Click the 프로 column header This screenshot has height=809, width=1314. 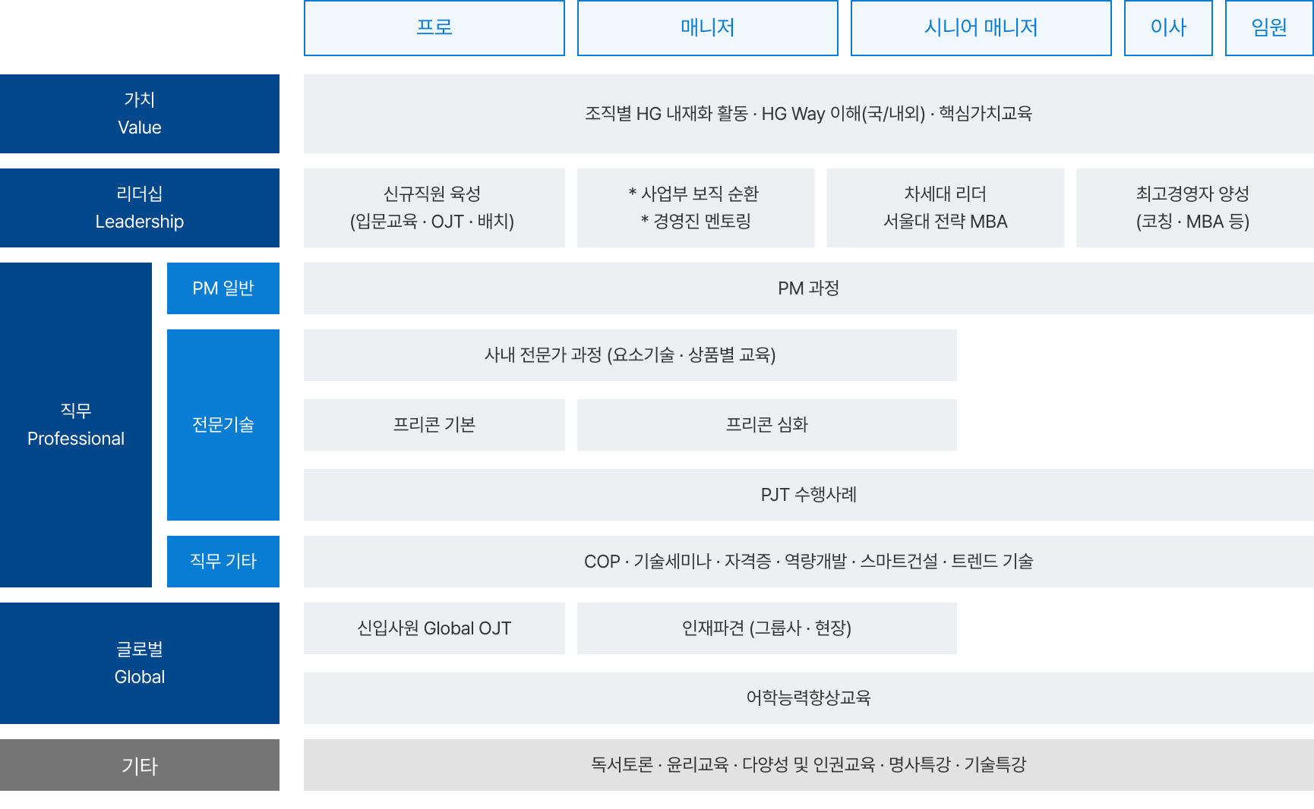[x=434, y=28]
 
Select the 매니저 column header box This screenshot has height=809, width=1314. [x=708, y=28]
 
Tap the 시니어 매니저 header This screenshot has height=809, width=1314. [x=981, y=28]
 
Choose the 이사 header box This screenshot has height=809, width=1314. [x=1168, y=28]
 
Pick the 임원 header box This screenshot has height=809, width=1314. [x=1269, y=28]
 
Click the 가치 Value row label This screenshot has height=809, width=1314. [x=140, y=114]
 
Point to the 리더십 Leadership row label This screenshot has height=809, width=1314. [x=140, y=208]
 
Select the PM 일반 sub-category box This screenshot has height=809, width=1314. [x=223, y=288]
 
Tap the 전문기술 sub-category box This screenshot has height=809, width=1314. [x=223, y=425]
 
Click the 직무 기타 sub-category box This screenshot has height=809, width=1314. [x=223, y=562]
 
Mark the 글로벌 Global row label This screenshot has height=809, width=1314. [x=140, y=663]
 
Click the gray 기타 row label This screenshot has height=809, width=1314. [x=140, y=765]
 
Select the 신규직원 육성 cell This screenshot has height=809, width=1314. [x=434, y=208]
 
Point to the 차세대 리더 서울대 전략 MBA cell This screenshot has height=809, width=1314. [x=946, y=208]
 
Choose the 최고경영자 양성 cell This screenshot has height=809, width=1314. [x=1196, y=208]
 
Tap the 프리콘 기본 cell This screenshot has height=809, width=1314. [x=434, y=425]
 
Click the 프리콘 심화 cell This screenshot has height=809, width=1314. [x=767, y=425]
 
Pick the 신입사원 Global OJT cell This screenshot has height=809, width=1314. [x=434, y=628]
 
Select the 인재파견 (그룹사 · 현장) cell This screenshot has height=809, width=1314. [x=767, y=628]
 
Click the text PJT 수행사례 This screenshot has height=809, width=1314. [x=809, y=495]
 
